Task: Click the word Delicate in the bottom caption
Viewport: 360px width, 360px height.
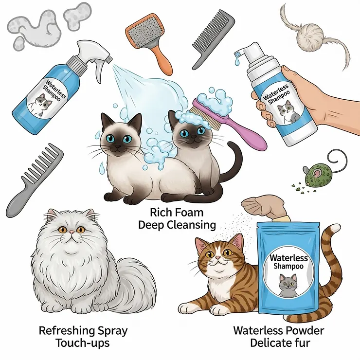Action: point(270,342)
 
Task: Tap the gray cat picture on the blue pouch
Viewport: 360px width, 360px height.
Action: point(287,284)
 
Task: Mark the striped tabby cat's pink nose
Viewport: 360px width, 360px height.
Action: point(217,261)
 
